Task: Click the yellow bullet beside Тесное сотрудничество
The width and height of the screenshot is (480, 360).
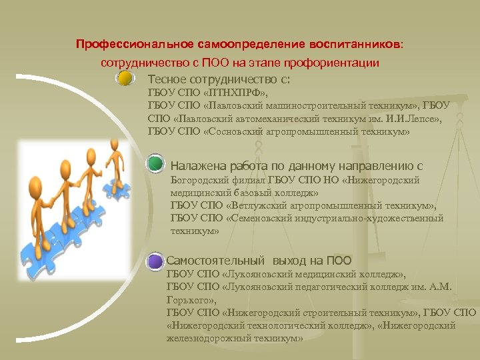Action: click(x=124, y=79)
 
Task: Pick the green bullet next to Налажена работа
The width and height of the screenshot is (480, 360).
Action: click(x=155, y=164)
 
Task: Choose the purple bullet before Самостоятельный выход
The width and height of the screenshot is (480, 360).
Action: click(x=155, y=260)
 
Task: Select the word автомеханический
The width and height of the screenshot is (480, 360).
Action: click(x=266, y=119)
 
